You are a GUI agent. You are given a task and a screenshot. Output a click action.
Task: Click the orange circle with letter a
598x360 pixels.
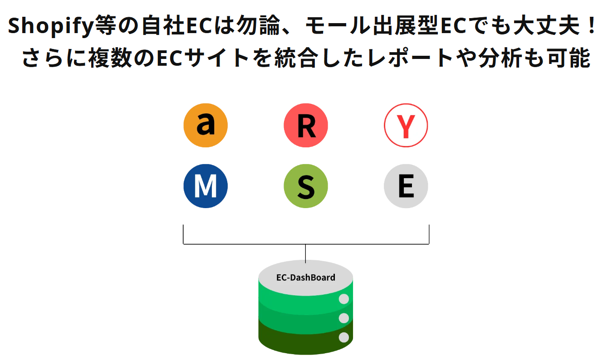[x=206, y=125]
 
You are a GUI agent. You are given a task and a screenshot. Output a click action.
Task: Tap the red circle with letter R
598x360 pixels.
[x=306, y=125]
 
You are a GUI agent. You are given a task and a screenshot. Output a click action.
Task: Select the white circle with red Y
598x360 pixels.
[x=406, y=125]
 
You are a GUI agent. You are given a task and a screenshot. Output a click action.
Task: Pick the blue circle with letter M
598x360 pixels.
[x=206, y=186]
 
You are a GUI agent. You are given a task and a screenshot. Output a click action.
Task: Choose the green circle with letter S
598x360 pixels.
[x=306, y=186]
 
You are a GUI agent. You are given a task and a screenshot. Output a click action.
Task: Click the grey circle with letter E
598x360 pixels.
[x=406, y=186]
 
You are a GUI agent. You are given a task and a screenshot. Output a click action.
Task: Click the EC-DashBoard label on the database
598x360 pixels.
[x=306, y=277]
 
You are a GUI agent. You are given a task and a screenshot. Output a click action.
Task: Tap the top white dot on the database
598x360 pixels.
[x=344, y=299]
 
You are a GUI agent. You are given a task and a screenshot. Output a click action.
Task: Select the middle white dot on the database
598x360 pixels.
[x=344, y=318]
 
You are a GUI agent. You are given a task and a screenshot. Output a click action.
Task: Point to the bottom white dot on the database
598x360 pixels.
[x=344, y=337]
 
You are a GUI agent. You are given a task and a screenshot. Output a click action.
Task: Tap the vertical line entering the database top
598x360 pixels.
[x=305, y=253]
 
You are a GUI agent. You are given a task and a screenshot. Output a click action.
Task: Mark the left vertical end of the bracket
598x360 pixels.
[x=183, y=234]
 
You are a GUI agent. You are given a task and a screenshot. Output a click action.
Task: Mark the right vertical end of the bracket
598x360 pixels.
[x=429, y=234]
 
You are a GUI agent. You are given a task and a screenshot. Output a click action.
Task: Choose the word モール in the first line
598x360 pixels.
[x=337, y=25]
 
